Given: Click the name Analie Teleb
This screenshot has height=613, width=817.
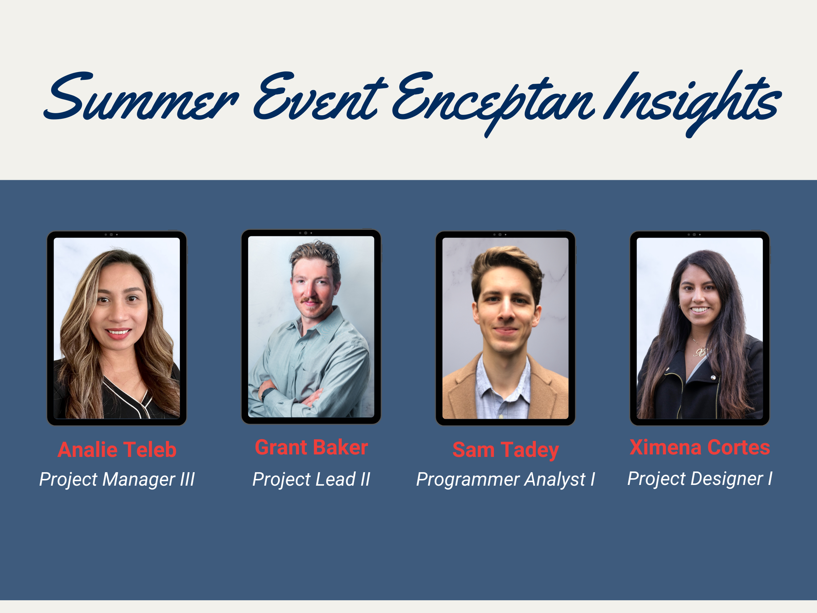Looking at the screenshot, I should coord(117,450).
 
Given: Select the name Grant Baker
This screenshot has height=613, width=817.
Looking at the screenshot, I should coord(311,447).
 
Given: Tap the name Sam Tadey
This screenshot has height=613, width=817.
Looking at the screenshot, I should coord(505,450).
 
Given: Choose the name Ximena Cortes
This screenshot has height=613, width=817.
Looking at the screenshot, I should coord(700,447).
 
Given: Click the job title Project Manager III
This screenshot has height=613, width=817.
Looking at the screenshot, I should coord(117,479).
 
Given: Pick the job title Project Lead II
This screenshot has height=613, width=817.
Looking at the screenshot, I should coord(311,479).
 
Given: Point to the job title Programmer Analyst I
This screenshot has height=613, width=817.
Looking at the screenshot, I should coord(505,479).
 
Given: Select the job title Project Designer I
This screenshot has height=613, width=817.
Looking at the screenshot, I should coord(700,479).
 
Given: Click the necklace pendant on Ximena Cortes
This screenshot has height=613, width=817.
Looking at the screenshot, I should coord(699,352).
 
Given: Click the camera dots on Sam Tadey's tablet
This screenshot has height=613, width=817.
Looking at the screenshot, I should coord(500,234).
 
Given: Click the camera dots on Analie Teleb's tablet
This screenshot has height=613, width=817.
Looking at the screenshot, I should coord(111,234).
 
